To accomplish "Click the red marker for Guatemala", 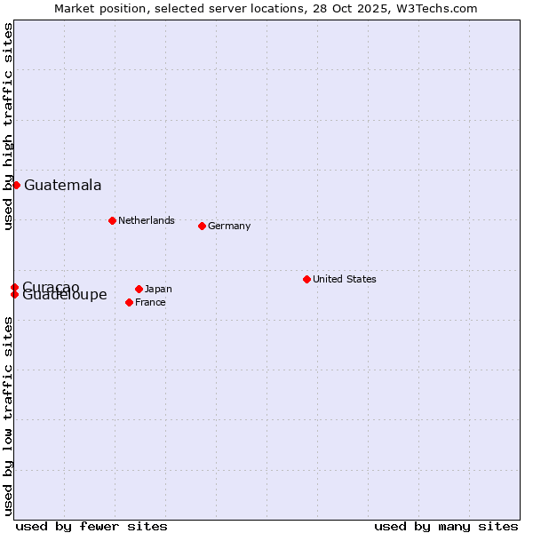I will coord(16,185).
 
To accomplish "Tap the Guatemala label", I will coord(62,186).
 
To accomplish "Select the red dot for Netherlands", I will coord(112,220).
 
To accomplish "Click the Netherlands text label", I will coord(147,220).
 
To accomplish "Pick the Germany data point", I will coord(202,226).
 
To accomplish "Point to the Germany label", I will coord(229,226).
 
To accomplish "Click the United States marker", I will coord(306,279).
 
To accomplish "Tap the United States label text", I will coord(344,279).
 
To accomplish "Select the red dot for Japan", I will coord(139,289).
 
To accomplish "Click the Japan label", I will coord(158,289).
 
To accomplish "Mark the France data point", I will coord(129,302).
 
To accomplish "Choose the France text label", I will coord(150,302).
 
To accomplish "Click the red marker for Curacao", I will coord(15,287).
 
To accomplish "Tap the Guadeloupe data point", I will coord(15,294).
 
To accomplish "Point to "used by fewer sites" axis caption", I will coord(91,526).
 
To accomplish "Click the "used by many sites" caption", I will coord(446,526).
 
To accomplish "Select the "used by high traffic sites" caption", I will coord(8,126).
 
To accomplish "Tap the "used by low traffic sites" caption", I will coord(8,416).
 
